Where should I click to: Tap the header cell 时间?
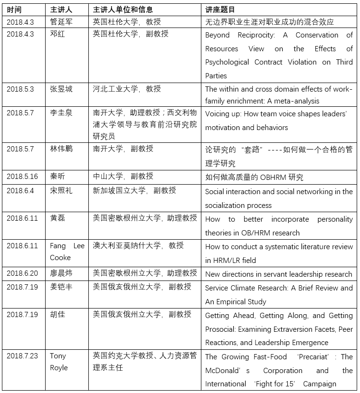coord(15,9)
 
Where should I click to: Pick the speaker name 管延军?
coord(61,22)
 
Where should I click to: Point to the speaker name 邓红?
coord(57,34)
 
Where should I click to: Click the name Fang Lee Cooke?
coord(67,252)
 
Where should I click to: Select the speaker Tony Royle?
coord(59,362)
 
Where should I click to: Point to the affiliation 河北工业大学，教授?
coord(127,89)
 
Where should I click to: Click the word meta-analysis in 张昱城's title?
coord(294,101)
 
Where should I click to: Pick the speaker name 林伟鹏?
coord(61,149)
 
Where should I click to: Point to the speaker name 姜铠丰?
coord(61,287)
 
